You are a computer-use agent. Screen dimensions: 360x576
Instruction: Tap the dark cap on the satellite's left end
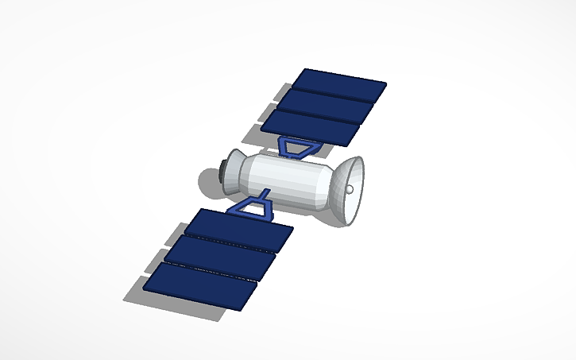(x=222, y=167)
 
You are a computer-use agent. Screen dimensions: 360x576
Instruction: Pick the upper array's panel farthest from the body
(x=339, y=82)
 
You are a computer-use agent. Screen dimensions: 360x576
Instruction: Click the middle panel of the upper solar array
(x=328, y=103)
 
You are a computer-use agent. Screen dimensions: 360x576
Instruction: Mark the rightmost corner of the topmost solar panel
(x=386, y=83)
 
